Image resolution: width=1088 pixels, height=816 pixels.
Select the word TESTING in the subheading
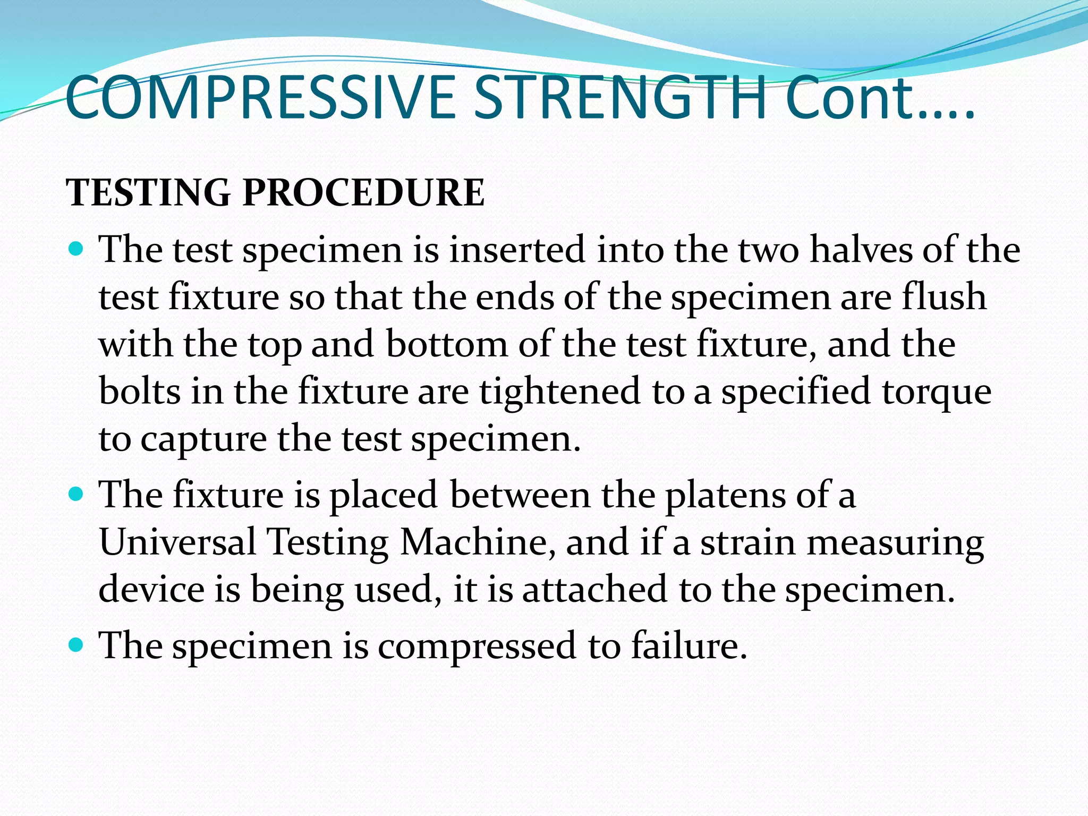pyautogui.click(x=148, y=192)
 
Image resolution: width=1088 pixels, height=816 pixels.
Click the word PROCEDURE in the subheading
pyautogui.click(x=363, y=192)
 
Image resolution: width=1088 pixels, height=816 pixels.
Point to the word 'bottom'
pyautogui.click(x=446, y=344)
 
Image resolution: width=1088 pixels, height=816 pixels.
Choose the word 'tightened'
pyautogui.click(x=560, y=392)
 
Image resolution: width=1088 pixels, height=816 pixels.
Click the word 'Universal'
pyautogui.click(x=177, y=542)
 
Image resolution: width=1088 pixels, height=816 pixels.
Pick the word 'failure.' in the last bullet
pyautogui.click(x=689, y=646)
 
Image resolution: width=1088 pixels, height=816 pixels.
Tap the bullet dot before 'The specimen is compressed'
pyautogui.click(x=77, y=645)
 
